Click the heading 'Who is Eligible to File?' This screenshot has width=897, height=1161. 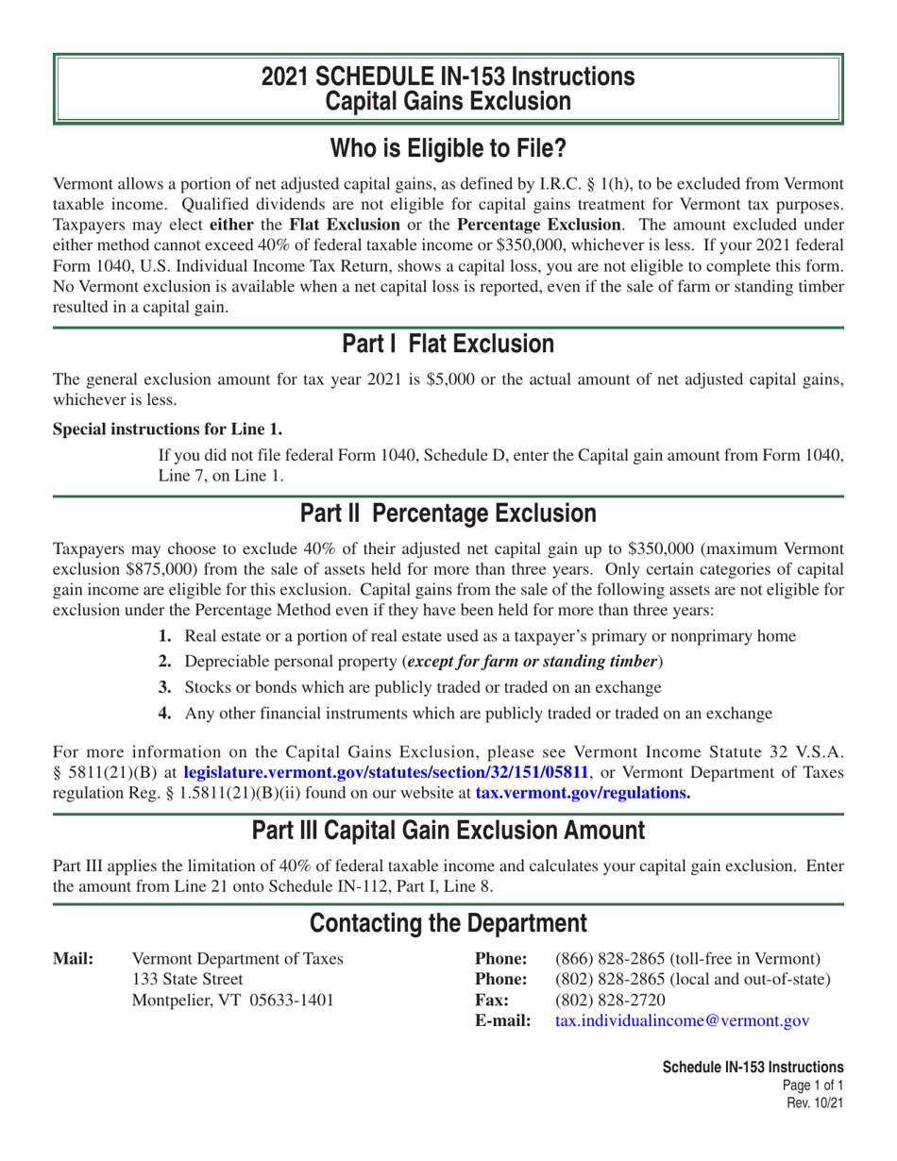tap(448, 148)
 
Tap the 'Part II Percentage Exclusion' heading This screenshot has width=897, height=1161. tap(448, 513)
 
